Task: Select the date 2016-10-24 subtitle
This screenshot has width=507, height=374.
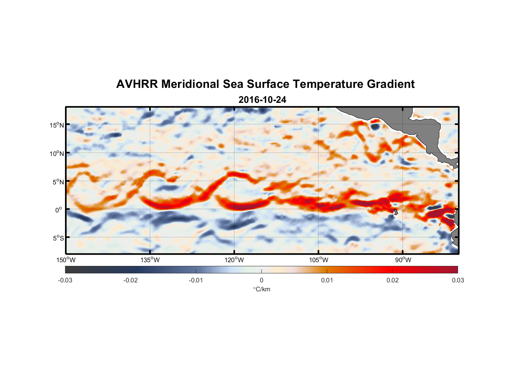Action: point(262,100)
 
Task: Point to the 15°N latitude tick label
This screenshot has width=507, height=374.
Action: point(57,125)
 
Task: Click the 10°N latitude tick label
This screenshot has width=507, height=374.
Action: point(57,153)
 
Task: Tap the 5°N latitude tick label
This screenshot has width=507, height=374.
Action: point(58,182)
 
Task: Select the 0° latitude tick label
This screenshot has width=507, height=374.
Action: point(59,210)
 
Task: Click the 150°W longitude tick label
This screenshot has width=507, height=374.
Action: point(66,260)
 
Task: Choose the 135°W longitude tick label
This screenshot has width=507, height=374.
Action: point(150,260)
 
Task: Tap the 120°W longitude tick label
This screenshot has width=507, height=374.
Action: point(234,260)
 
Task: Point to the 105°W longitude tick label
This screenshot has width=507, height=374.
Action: point(319,260)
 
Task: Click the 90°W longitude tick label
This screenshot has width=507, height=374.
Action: point(403,260)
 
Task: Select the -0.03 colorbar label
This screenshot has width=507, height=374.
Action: point(65,280)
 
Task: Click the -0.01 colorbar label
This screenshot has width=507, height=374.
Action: point(196,280)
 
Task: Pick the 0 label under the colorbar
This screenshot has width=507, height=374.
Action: point(261,280)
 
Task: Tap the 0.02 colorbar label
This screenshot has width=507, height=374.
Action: point(393,280)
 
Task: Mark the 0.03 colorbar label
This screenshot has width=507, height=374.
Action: point(458,280)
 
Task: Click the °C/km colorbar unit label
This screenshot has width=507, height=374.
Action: point(262,289)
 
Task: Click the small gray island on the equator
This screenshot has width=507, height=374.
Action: point(396,212)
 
